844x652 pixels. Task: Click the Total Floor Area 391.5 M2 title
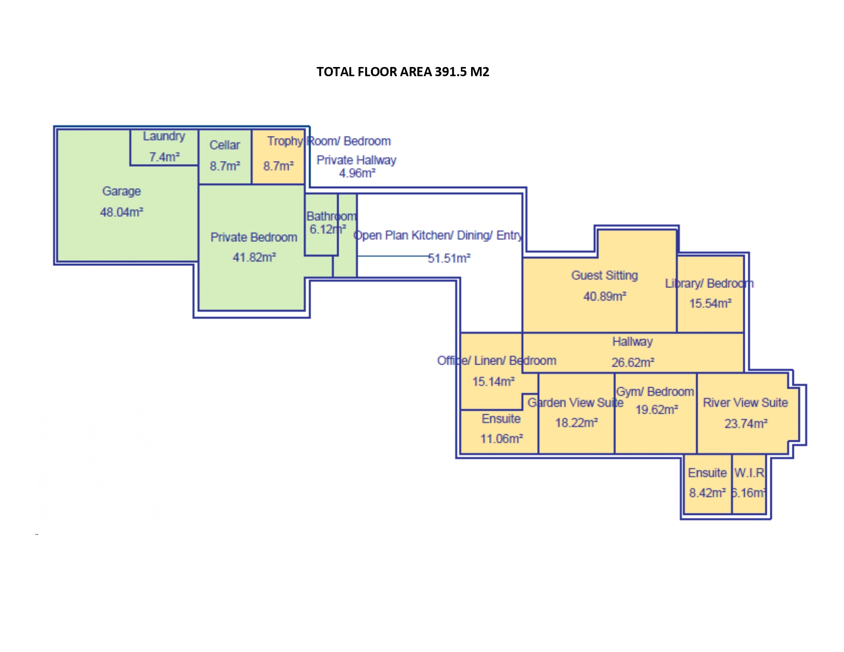click(x=403, y=72)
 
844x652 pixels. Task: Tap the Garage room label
click(x=121, y=191)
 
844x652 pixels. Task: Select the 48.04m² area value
click(x=121, y=212)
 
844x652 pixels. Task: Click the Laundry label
click(x=164, y=136)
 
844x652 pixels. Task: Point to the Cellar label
click(x=225, y=145)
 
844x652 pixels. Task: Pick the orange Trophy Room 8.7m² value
click(x=278, y=166)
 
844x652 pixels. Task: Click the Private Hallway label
click(x=356, y=160)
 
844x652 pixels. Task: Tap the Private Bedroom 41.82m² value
click(x=254, y=257)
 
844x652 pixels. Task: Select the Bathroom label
click(x=331, y=216)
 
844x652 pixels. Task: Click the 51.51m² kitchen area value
click(x=449, y=258)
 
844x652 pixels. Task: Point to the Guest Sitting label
click(x=604, y=276)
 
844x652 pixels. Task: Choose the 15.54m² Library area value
click(x=710, y=303)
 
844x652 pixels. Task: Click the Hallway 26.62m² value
click(x=633, y=363)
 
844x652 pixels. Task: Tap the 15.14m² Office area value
click(x=493, y=381)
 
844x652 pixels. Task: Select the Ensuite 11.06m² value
click(x=501, y=439)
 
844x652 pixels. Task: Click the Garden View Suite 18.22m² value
click(x=576, y=423)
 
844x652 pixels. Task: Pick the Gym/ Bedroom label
click(x=655, y=392)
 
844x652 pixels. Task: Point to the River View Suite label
click(x=745, y=403)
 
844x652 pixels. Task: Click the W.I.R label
click(x=749, y=473)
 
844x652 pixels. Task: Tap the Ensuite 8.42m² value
click(x=707, y=493)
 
